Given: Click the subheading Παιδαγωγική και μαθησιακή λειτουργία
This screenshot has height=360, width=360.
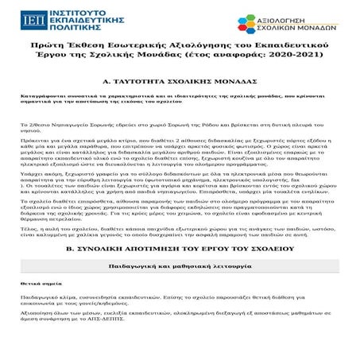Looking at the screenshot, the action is click(x=180, y=292).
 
